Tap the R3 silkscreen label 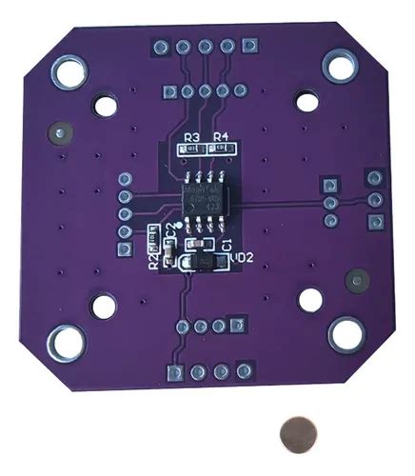coord(190,136)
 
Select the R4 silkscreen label coord(221,136)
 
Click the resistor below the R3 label coord(190,149)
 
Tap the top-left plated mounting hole coord(69,71)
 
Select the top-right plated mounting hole coord(338,65)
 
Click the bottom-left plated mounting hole coord(68,341)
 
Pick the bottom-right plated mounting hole coord(347,333)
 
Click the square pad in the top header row coord(249,45)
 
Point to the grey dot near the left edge coord(62,134)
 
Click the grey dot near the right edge coord(358,281)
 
